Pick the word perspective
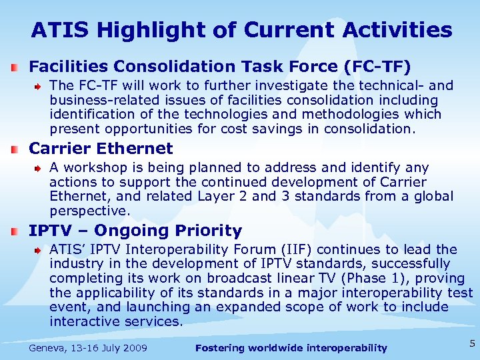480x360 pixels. point(87,211)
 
